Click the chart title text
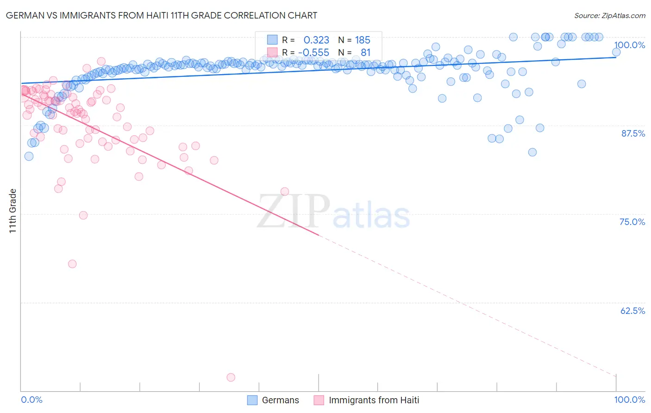pyautogui.click(x=162, y=15)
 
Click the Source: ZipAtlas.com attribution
pyautogui.click(x=609, y=15)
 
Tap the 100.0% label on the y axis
pyautogui.click(x=629, y=45)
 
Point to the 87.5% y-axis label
pyautogui.click(x=632, y=133)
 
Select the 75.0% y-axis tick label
pyautogui.click(x=632, y=222)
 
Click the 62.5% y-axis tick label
pyautogui.click(x=632, y=311)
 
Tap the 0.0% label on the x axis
pyautogui.click(x=31, y=400)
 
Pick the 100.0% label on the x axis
pyautogui.click(x=629, y=400)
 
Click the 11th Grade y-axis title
pyautogui.click(x=13, y=211)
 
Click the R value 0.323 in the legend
pyautogui.click(x=316, y=40)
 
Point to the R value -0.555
pyautogui.click(x=313, y=53)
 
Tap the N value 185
pyautogui.click(x=363, y=40)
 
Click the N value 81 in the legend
pyautogui.click(x=365, y=53)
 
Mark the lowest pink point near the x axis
pyautogui.click(x=231, y=377)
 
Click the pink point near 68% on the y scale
pyautogui.click(x=72, y=264)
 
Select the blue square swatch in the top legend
pyautogui.click(x=272, y=40)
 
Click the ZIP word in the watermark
pyautogui.click(x=293, y=212)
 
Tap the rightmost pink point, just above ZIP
pyautogui.click(x=285, y=192)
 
